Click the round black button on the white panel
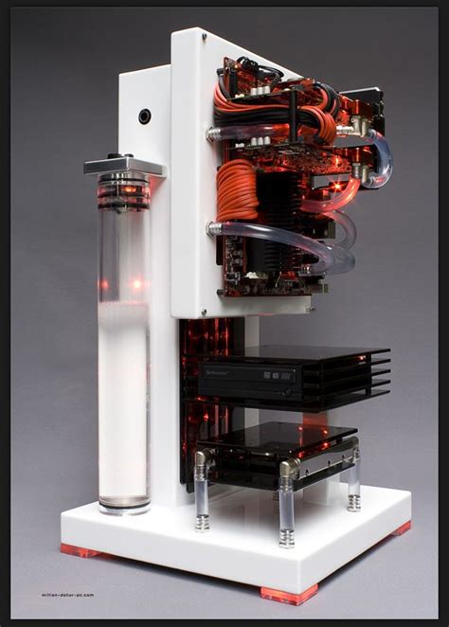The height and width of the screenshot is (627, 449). click(x=144, y=116)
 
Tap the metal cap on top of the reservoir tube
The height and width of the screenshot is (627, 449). click(x=123, y=165)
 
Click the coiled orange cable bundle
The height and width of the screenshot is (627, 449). click(x=236, y=189)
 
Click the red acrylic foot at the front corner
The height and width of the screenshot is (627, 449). click(x=288, y=594)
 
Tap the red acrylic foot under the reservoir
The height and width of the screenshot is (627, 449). click(x=80, y=549)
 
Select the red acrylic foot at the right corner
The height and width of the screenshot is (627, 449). click(x=403, y=528)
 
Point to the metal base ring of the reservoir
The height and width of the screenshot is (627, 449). click(x=124, y=506)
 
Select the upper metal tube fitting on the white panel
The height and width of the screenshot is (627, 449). click(x=212, y=134)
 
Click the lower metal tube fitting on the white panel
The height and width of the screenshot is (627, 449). click(x=212, y=228)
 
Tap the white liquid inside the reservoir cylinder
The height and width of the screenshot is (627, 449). click(x=123, y=398)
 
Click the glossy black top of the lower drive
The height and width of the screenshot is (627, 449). click(x=275, y=437)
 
